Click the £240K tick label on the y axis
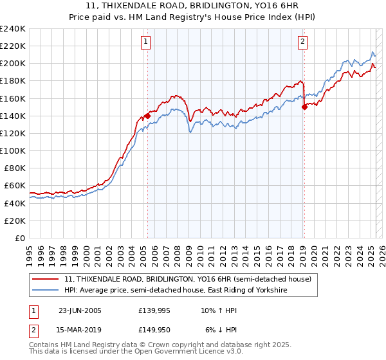(12, 29)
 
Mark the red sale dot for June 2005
(148, 116)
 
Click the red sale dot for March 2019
(304, 107)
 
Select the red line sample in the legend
(45, 279)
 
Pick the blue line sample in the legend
(45, 291)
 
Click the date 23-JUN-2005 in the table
(80, 310)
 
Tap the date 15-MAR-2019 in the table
(80, 330)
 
